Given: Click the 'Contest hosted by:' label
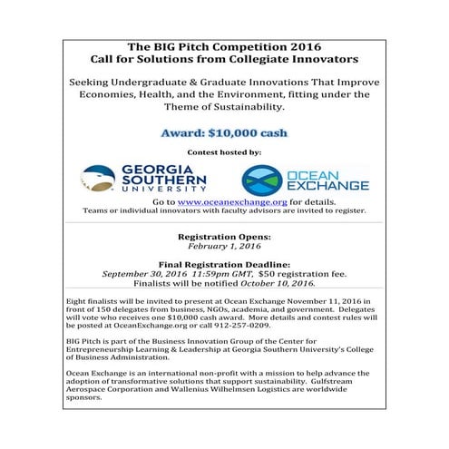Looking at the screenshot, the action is tap(223, 152).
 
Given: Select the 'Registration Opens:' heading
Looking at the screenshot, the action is tap(223, 236).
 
